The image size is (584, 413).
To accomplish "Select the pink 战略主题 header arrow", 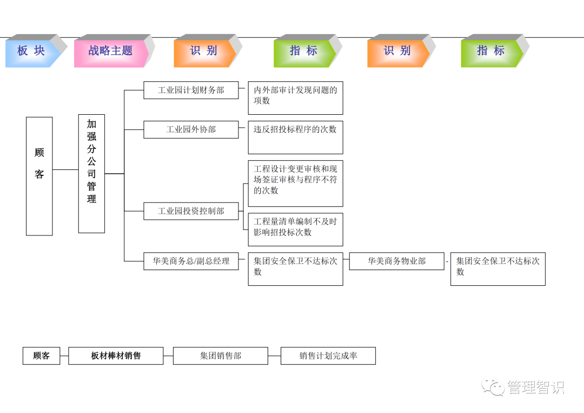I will point(111,51).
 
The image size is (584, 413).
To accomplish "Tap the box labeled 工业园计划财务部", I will point(191,90).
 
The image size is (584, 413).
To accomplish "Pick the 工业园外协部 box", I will point(191,129).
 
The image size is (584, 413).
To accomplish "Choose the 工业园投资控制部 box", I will point(191,211).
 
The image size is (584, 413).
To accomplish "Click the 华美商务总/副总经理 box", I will point(191,261).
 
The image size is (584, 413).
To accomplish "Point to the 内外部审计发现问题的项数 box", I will point(295,98).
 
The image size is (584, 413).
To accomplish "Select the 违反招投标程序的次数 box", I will point(295,137).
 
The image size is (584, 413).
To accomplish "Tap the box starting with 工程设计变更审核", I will point(295,183).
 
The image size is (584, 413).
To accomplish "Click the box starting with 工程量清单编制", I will point(295,230).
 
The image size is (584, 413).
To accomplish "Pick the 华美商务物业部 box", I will point(396,261).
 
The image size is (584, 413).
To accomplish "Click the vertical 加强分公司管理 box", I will point(91,173).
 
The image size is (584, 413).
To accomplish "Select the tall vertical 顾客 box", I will point(39,176).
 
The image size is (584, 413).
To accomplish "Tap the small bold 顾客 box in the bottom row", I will point(41,356).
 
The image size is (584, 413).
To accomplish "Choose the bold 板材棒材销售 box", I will point(116,356).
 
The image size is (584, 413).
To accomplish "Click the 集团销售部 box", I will point(220,356).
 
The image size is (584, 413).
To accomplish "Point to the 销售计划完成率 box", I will point(328,356).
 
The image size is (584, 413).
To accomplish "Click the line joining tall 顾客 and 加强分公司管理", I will point(65,169).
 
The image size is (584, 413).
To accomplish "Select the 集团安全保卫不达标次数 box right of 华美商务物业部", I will point(497,268).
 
